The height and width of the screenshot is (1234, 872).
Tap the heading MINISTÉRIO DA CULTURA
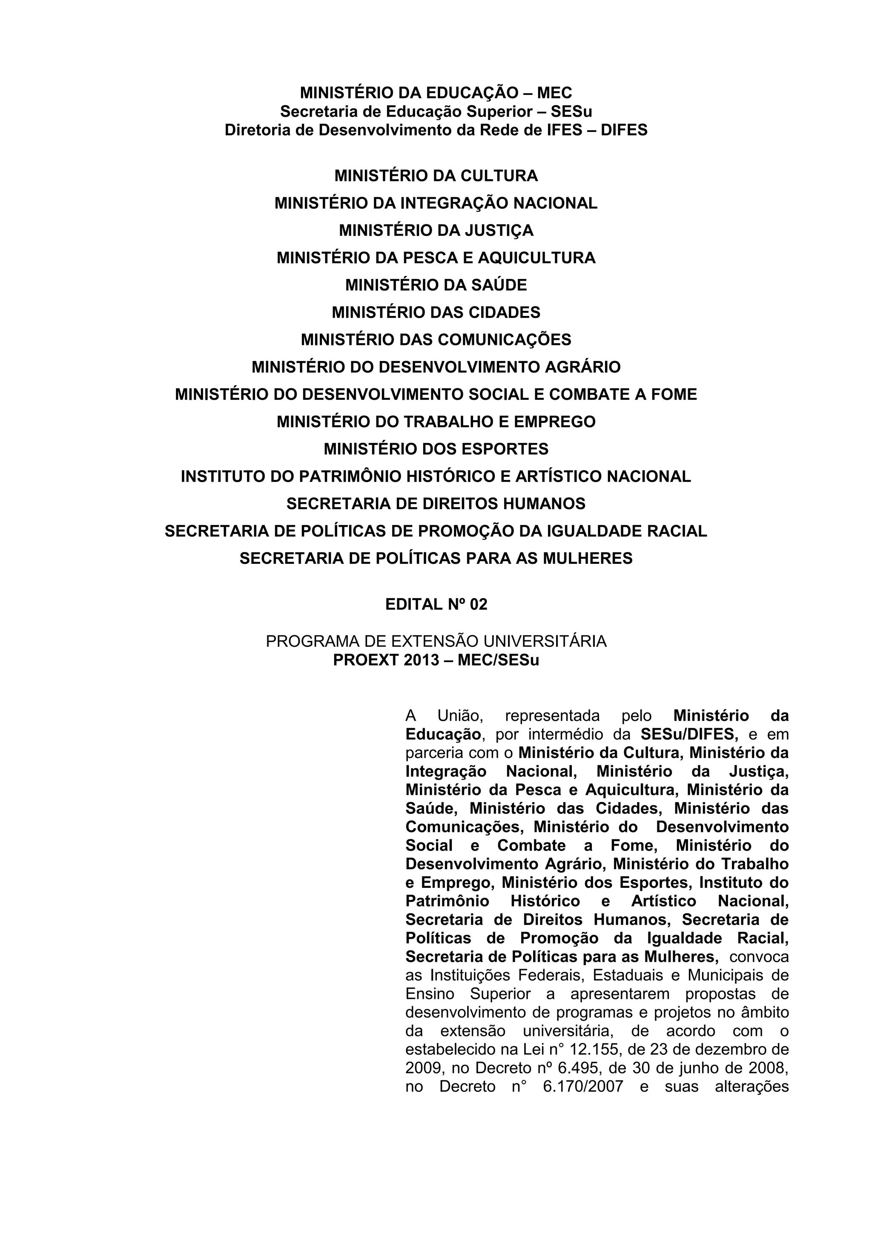(436, 176)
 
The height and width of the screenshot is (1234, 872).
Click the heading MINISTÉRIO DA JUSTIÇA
(436, 230)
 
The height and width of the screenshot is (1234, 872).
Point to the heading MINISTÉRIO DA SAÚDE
(436, 285)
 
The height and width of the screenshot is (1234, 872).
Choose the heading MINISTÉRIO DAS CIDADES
(436, 312)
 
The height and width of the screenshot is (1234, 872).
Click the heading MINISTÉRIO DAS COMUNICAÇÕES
(436, 340)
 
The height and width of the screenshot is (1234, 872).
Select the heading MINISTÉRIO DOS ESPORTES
(436, 449)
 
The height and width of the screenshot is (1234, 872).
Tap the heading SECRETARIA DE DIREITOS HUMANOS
(436, 504)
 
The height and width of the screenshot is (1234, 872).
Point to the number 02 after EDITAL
(478, 605)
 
